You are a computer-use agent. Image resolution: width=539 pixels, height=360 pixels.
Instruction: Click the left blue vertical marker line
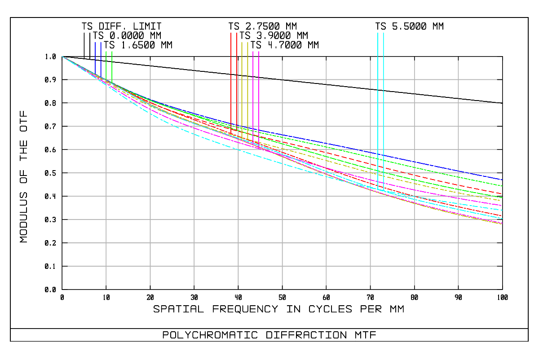tap(95, 56)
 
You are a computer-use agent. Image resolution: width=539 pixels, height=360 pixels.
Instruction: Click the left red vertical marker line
tap(231, 81)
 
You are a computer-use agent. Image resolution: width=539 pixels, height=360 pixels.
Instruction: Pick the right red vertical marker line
tap(237, 81)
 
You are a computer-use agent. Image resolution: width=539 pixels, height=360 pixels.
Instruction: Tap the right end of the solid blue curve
tap(502, 180)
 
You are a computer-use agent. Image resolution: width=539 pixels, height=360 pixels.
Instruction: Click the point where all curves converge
tap(62, 57)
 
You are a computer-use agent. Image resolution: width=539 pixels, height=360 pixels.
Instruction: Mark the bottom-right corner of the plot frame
tap(503, 290)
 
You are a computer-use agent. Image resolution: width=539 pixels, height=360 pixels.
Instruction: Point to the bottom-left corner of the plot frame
tap(62, 290)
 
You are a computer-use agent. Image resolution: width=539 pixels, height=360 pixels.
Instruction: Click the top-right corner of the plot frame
tap(503, 57)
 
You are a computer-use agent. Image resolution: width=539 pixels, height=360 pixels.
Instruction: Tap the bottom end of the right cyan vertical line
tap(384, 190)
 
